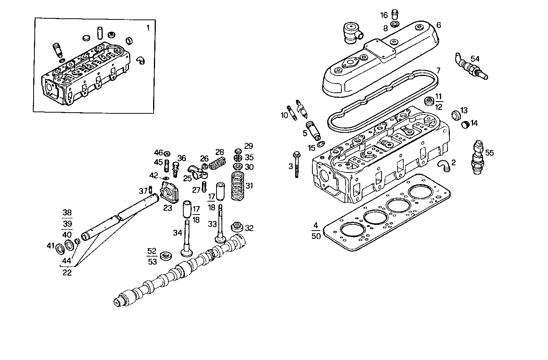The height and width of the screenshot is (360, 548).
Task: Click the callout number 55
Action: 490,153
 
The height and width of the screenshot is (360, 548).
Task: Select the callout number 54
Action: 475,59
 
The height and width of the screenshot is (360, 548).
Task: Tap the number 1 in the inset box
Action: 148,27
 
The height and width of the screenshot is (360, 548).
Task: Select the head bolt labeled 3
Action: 297,165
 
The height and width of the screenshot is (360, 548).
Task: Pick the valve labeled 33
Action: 220,225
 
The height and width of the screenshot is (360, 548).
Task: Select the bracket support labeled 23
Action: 169,193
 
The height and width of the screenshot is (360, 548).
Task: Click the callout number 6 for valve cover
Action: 439,25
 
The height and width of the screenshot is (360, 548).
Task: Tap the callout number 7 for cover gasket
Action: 438,71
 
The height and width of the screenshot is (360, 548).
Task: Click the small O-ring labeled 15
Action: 322,144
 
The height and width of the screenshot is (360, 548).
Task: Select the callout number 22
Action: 68,273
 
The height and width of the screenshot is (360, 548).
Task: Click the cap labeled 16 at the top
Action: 396,15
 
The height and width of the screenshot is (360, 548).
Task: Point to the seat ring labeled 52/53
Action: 166,256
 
